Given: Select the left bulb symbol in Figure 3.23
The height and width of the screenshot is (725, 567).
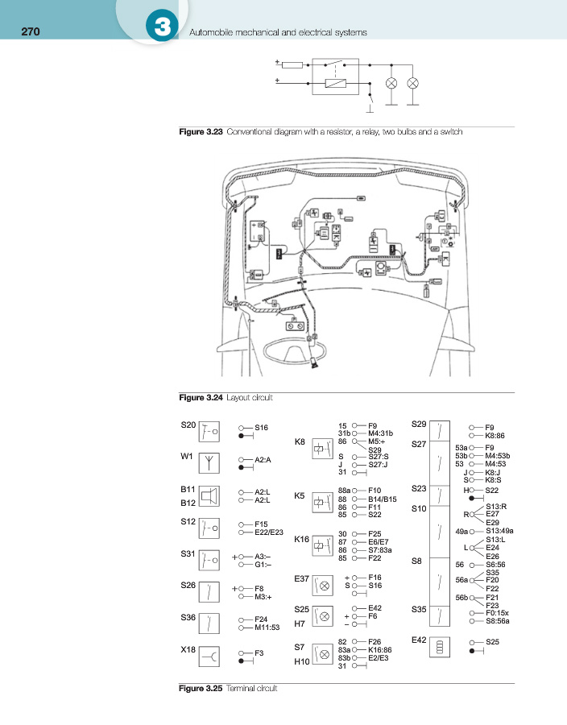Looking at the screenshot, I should [x=391, y=84].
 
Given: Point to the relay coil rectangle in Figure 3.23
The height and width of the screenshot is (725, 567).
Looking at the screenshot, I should [x=334, y=82].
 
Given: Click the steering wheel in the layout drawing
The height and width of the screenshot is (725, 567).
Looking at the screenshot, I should [x=297, y=351].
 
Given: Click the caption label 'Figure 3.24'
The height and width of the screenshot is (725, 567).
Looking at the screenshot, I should [x=201, y=398].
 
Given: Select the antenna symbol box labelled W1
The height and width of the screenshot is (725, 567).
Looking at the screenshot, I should [x=209, y=462].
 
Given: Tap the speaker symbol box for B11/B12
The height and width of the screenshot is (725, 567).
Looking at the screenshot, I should [x=209, y=495].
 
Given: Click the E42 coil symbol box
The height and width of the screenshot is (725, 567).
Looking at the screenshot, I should [x=440, y=646].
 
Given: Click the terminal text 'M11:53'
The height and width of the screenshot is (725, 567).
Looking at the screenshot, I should [x=267, y=627].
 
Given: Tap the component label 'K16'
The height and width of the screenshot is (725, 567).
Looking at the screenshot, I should [x=302, y=539].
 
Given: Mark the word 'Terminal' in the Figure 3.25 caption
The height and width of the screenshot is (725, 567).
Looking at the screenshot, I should [x=240, y=689].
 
